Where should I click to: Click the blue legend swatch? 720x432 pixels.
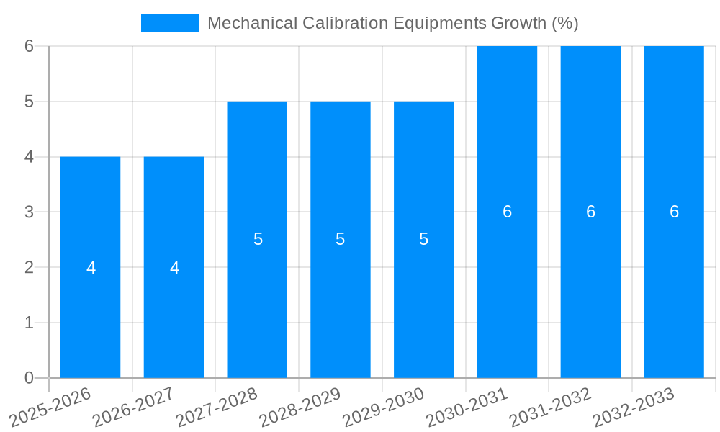coord(169,23)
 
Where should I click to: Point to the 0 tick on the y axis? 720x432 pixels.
coord(29,378)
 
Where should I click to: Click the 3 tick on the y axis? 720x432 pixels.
coord(29,212)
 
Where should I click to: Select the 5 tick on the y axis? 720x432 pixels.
coord(29,102)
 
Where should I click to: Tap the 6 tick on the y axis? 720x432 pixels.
coord(29,46)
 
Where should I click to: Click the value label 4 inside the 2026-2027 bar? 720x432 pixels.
coord(174,268)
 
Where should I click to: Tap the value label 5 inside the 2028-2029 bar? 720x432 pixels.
coord(341,239)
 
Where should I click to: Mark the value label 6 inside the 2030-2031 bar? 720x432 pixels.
coord(507,212)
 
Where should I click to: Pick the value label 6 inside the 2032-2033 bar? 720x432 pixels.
coord(674,212)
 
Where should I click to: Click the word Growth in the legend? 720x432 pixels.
coord(518,23)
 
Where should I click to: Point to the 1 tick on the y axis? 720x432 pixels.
coord(29,323)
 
